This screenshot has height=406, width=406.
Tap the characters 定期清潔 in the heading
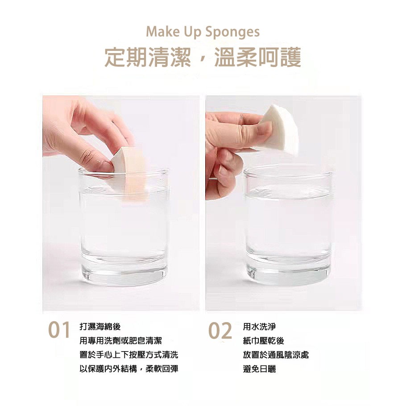148,58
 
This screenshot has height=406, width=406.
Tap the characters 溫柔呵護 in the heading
257,58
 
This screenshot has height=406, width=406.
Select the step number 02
220,331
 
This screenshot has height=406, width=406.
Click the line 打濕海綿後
99,327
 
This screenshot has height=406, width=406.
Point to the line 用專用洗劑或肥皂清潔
120,341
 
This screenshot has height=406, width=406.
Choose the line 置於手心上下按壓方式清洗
128,355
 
